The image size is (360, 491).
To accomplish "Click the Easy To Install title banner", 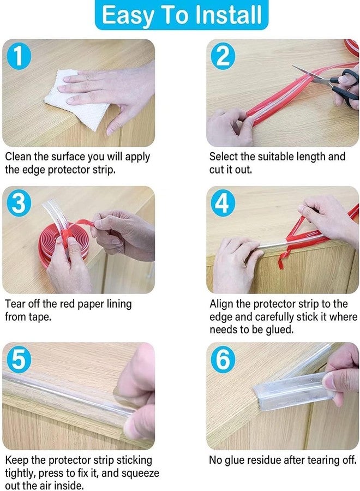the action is [181, 15].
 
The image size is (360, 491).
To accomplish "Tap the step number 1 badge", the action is [19, 56].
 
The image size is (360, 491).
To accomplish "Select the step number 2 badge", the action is [223, 56].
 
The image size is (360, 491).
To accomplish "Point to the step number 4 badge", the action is [223, 203].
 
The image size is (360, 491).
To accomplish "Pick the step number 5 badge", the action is [19, 359].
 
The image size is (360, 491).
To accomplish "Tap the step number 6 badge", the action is [223, 359].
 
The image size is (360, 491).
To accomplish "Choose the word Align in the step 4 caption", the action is [221, 304].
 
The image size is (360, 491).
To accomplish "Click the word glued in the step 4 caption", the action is [280, 330].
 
